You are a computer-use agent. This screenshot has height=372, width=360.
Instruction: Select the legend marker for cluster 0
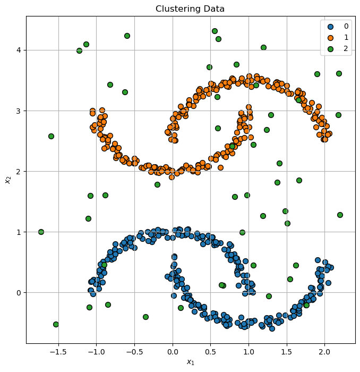[x=330, y=26]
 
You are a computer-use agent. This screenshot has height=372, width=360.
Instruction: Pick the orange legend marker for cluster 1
[x=330, y=37]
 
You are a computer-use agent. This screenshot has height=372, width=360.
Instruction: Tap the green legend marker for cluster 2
[x=330, y=49]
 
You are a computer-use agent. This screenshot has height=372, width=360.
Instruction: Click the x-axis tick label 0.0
[x=172, y=352]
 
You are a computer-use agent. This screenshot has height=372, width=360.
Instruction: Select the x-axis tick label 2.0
[x=324, y=352]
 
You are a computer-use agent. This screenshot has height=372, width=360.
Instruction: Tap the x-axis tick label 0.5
[x=210, y=352]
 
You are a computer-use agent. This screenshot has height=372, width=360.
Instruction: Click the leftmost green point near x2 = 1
[x=41, y=232]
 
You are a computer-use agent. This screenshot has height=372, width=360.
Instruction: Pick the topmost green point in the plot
[x=215, y=31]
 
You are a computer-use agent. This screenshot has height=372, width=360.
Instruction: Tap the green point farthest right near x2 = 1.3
[x=340, y=215]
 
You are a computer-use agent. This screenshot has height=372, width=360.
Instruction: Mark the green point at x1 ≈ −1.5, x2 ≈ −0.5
[x=56, y=324]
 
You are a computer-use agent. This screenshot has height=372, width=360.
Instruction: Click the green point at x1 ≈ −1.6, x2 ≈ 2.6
[x=51, y=136]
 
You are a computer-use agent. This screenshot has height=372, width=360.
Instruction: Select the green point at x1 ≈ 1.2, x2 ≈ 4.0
[x=263, y=47]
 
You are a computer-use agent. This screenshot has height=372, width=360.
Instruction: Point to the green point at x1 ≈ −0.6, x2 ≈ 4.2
[x=127, y=36]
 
